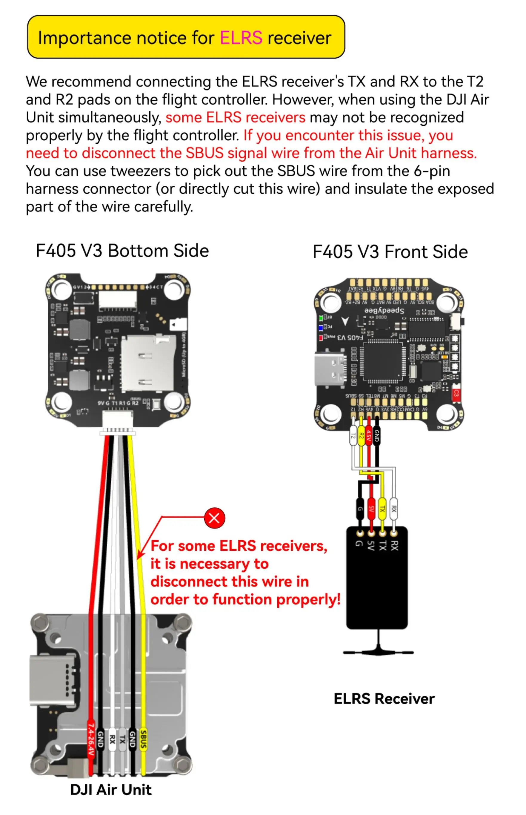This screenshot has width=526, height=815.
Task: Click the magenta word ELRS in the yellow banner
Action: pyautogui.click(x=241, y=38)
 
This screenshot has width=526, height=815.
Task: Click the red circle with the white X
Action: pyautogui.click(x=215, y=518)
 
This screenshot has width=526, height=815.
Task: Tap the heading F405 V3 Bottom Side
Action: pyautogui.click(x=122, y=251)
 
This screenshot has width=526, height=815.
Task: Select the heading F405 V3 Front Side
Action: pyautogui.click(x=390, y=252)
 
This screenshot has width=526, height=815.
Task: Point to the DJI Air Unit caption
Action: pyautogui.click(x=111, y=789)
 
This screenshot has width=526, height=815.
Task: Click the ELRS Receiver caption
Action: pyautogui.click(x=384, y=699)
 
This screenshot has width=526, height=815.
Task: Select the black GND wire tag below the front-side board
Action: pyautogui.click(x=377, y=435)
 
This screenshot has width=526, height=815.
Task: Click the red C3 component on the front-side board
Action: pyautogui.click(x=456, y=395)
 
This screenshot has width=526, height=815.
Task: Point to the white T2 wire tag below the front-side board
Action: pyautogui.click(x=353, y=435)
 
